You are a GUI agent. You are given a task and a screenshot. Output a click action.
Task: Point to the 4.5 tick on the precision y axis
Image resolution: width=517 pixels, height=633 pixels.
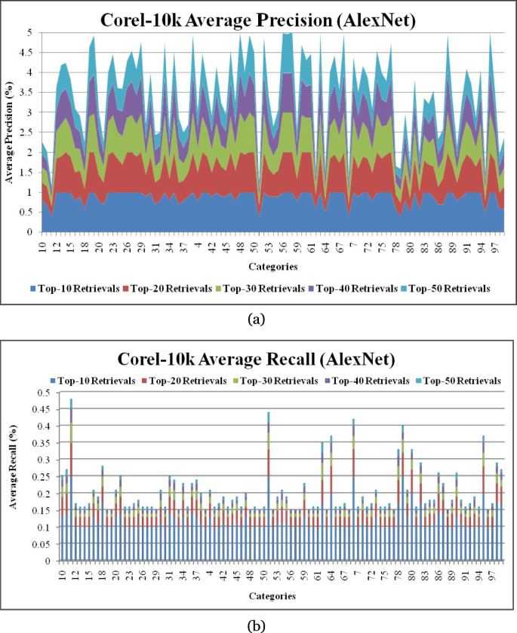click(x=31, y=53)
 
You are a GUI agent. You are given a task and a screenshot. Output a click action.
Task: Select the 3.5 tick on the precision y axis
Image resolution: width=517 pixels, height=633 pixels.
click(x=31, y=93)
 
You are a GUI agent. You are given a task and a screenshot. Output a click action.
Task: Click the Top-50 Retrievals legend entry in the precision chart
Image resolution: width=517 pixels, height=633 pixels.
click(x=451, y=289)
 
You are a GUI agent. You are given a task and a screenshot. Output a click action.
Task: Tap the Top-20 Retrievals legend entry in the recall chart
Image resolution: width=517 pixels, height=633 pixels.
click(x=186, y=381)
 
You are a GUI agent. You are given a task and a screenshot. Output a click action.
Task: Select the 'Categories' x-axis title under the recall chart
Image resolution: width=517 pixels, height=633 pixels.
click(x=272, y=595)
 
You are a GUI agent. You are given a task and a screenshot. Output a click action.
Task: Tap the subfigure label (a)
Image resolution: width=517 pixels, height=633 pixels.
click(x=257, y=319)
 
